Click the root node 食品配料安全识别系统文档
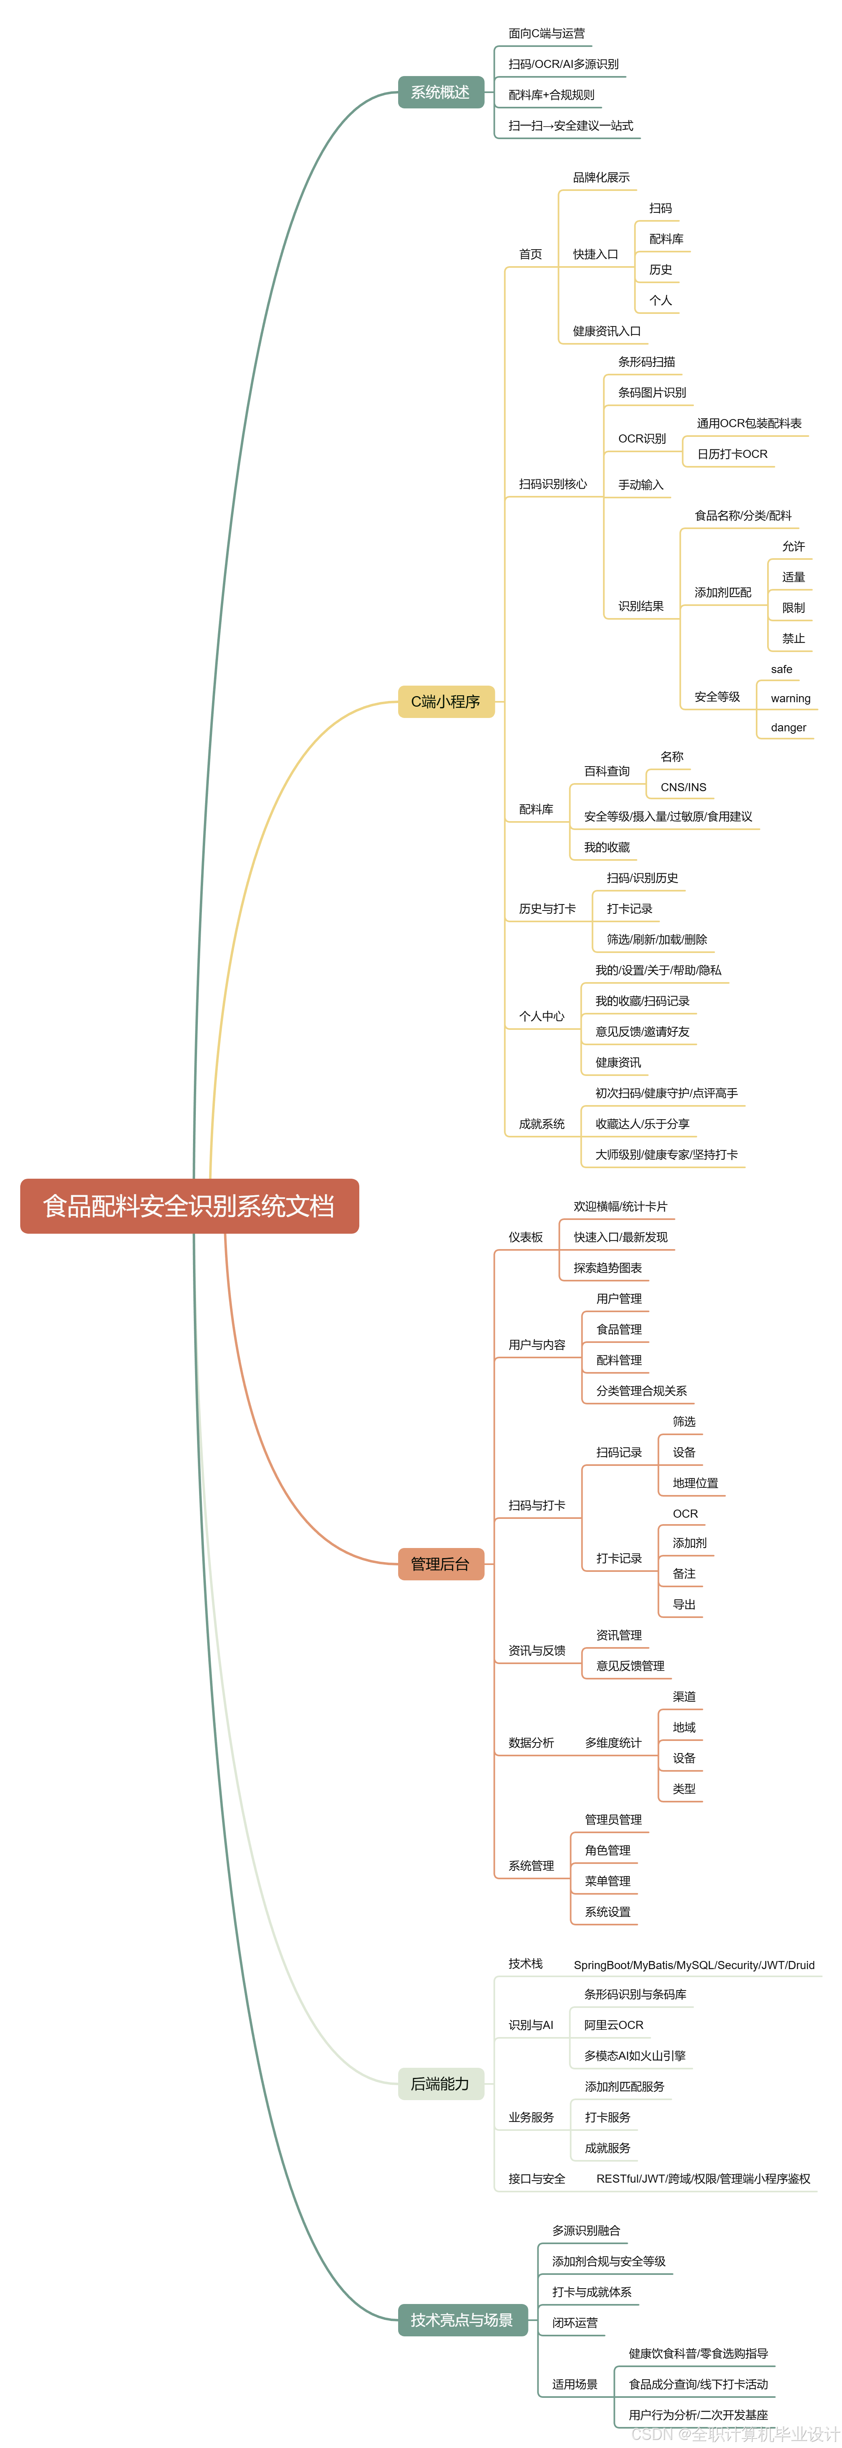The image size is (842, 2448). (x=189, y=1206)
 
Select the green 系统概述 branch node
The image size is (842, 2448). (x=440, y=92)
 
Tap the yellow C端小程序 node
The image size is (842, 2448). (x=446, y=701)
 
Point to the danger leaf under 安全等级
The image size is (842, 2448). (x=788, y=728)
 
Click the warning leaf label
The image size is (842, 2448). (x=790, y=699)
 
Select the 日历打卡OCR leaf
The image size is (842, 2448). (x=732, y=454)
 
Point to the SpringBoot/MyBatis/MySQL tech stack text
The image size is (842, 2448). (x=694, y=1965)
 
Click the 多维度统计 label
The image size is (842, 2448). (x=613, y=1743)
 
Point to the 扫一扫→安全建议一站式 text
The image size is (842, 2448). (x=570, y=125)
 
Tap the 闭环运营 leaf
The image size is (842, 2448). (x=575, y=2323)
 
